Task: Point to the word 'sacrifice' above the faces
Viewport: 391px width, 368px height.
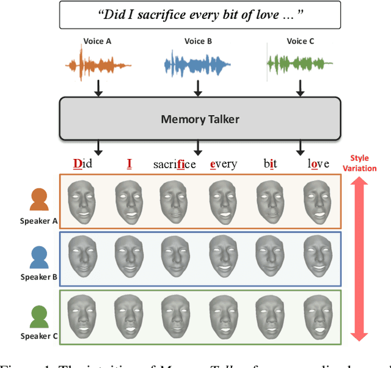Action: pyautogui.click(x=174, y=164)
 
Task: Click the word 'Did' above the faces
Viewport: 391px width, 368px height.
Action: pyautogui.click(x=82, y=164)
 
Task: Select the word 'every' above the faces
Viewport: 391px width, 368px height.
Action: pyautogui.click(x=223, y=164)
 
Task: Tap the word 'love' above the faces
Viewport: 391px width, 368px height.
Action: pyautogui.click(x=318, y=164)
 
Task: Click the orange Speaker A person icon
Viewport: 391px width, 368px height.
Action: pyautogui.click(x=39, y=199)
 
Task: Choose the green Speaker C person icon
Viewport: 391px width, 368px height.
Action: pyautogui.click(x=39, y=316)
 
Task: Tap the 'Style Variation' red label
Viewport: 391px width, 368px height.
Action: pyautogui.click(x=360, y=163)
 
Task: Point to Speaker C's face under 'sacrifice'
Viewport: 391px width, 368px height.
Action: pyautogui.click(x=174, y=317)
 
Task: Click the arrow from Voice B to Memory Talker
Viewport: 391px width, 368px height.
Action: pyautogui.click(x=197, y=89)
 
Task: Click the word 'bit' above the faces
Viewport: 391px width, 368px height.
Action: pyautogui.click(x=270, y=164)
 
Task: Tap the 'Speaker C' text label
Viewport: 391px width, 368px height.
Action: pyautogui.click(x=39, y=336)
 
